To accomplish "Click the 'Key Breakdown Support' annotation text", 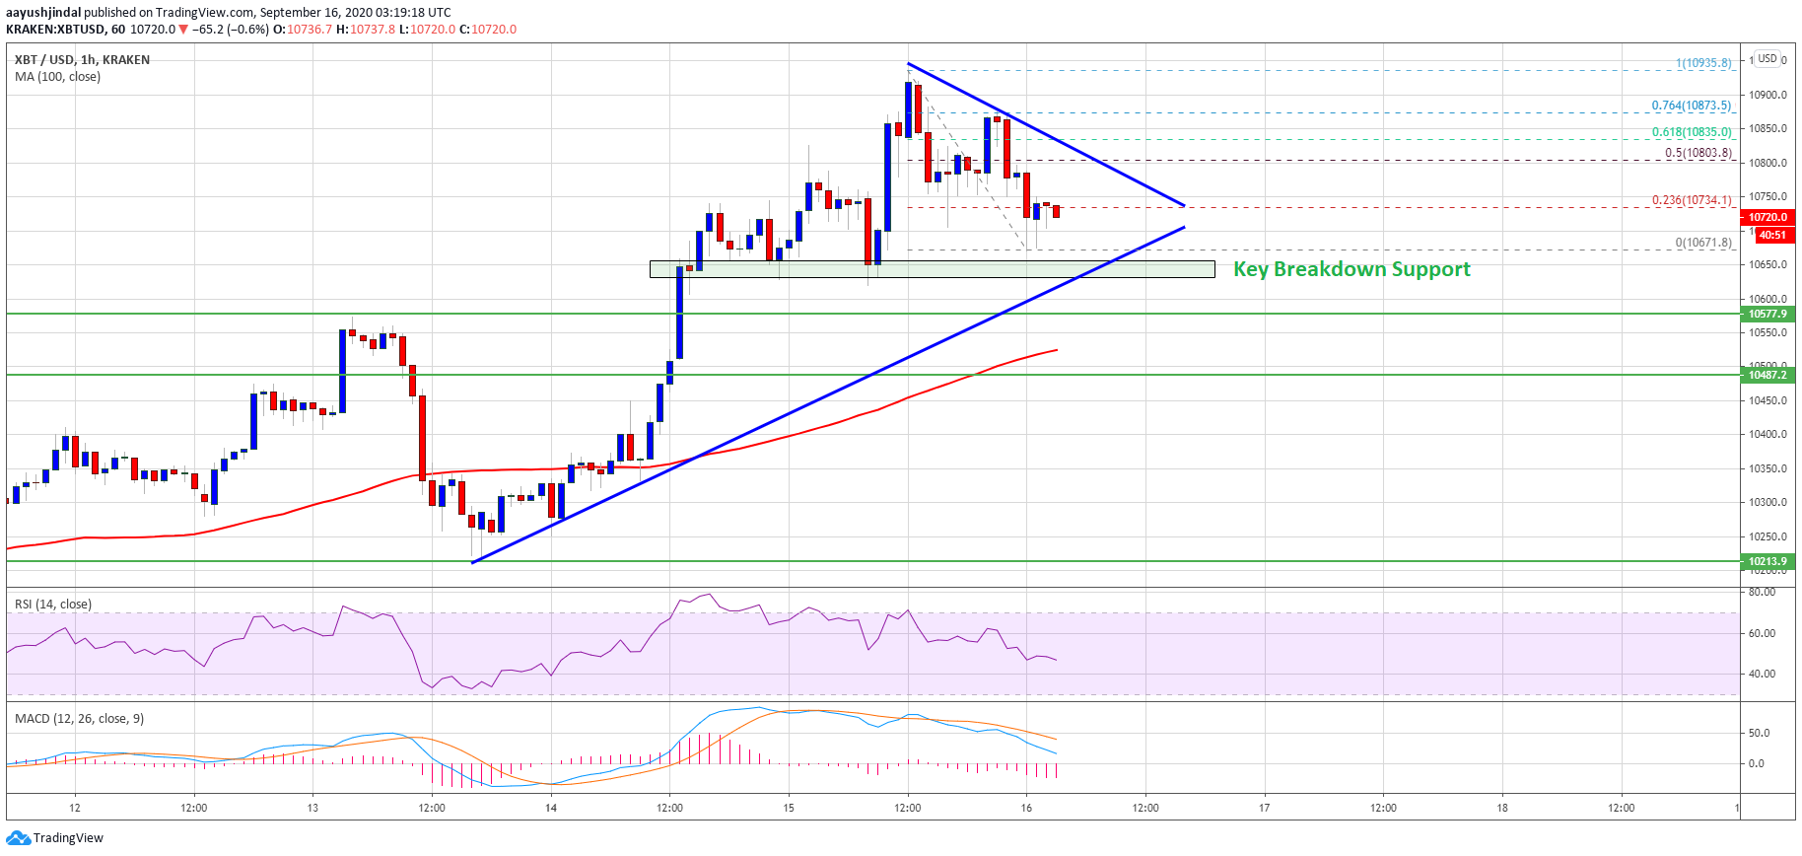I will (x=1351, y=269).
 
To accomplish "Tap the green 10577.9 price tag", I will (x=1767, y=314).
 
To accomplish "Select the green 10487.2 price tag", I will (x=1767, y=375).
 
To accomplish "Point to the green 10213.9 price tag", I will (x=1767, y=561).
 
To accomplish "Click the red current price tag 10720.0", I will (x=1767, y=217).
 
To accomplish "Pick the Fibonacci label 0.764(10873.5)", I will (x=1691, y=106).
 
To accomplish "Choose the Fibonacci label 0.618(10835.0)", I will (x=1691, y=132).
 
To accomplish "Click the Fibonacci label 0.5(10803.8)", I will (x=1698, y=153).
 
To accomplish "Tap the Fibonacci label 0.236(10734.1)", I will (x=1691, y=200).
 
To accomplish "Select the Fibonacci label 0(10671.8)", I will (x=1703, y=243).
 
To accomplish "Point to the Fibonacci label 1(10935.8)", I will (x=1703, y=63).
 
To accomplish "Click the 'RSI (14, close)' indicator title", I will (x=53, y=604).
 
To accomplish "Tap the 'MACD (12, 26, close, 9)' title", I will (x=79, y=718).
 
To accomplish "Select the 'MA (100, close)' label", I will (x=57, y=76).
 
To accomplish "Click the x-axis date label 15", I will (x=789, y=808).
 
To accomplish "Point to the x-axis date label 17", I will (x=1264, y=808).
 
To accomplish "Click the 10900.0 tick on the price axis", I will (x=1767, y=95).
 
